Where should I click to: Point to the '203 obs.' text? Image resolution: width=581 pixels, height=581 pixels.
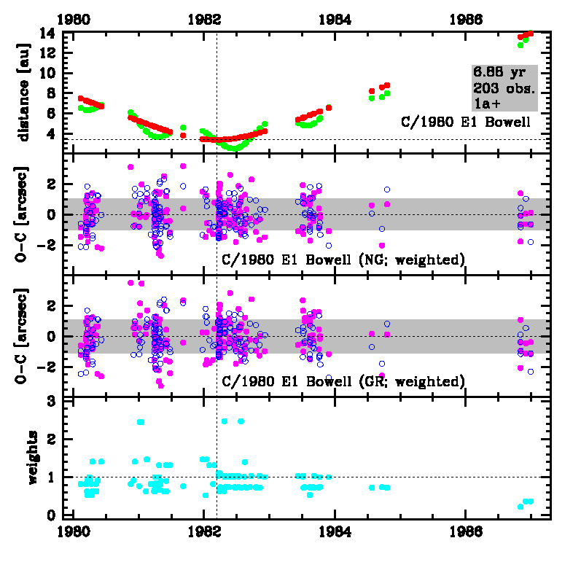click(x=504, y=89)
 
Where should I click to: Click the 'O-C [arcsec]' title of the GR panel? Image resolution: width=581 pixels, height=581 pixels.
click(x=24, y=335)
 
